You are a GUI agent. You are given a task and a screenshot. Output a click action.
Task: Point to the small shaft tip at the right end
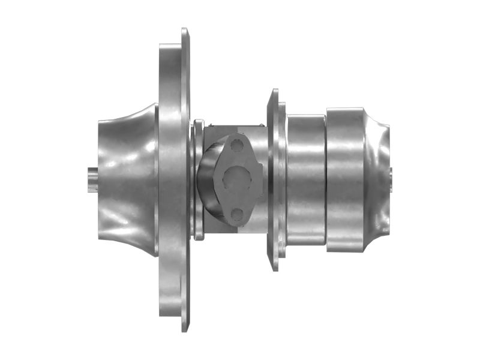coord(391,178)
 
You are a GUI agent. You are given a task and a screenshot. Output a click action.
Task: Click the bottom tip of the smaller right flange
coord(274,266)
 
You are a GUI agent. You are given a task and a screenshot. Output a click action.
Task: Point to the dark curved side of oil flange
coord(207,180)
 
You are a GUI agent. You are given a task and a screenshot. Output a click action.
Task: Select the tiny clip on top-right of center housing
coord(262,124)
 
